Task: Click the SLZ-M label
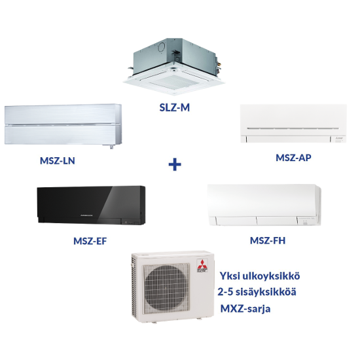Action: pyautogui.click(x=175, y=107)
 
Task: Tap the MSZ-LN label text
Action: pyautogui.click(x=58, y=161)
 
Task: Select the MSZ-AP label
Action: pyautogui.click(x=293, y=158)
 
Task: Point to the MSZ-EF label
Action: pyautogui.click(x=90, y=241)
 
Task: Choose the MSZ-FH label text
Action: pyautogui.click(x=268, y=240)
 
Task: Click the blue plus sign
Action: pyautogui.click(x=175, y=164)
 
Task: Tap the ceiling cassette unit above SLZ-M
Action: pyautogui.click(x=174, y=67)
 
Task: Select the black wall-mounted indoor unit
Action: pyautogui.click(x=91, y=205)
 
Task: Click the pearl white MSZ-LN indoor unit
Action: pyautogui.click(x=63, y=126)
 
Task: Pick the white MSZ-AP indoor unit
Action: pyautogui.click(x=293, y=124)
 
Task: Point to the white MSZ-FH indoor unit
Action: pyautogui.click(x=264, y=205)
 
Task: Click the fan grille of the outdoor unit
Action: pyautogui.click(x=166, y=289)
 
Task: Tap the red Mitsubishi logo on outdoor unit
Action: pyautogui.click(x=202, y=264)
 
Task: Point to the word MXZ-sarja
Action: pyautogui.click(x=245, y=309)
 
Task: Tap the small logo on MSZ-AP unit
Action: pyautogui.click(x=340, y=139)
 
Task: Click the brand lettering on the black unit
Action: pyautogui.click(x=86, y=215)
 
